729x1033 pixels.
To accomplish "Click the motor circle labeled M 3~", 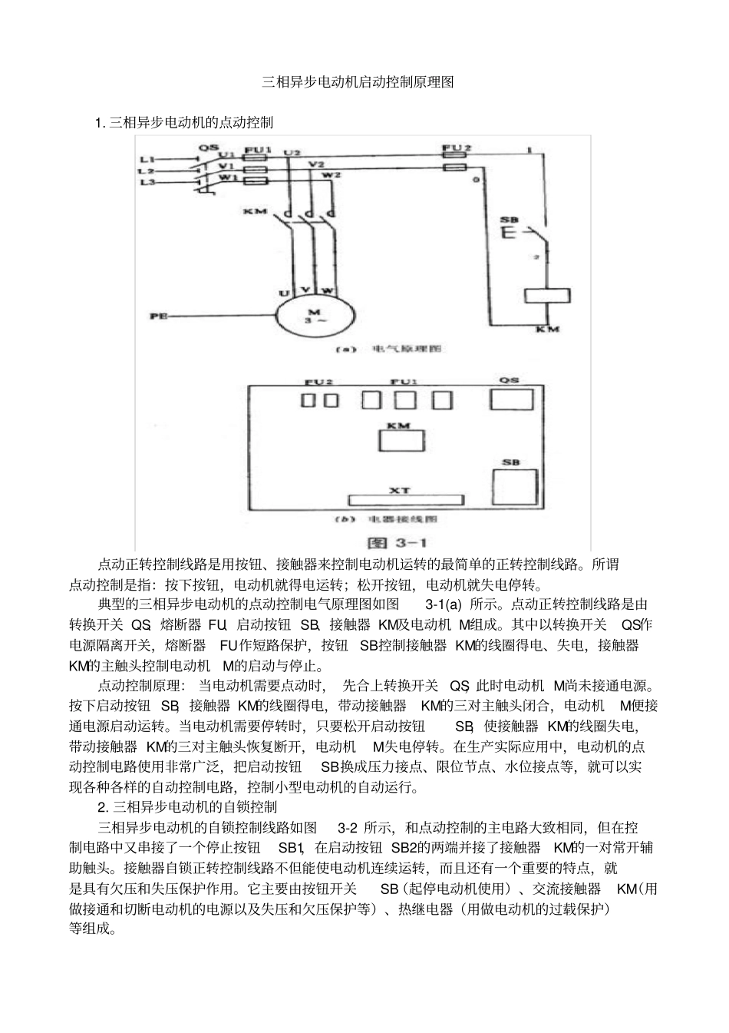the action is pyautogui.click(x=312, y=316).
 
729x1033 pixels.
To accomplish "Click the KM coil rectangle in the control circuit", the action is pyautogui.click(x=546, y=295).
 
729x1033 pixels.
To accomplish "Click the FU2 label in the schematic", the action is pyautogui.click(x=458, y=147).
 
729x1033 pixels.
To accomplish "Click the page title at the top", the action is pyautogui.click(x=358, y=82).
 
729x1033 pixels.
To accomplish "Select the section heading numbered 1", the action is pyautogui.click(x=184, y=122).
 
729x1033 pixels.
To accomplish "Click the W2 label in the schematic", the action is pyautogui.click(x=332, y=175).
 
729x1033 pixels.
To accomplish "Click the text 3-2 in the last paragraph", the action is pyautogui.click(x=348, y=827).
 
